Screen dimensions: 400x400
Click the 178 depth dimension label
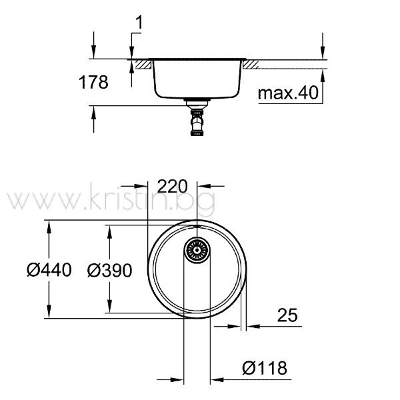pos(93,82)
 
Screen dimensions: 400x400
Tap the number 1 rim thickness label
pos(139,23)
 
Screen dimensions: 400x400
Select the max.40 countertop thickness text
pos(288,93)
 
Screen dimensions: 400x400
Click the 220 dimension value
pos(172,186)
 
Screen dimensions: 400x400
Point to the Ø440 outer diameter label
pos(49,270)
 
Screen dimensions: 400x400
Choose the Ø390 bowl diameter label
pos(109,271)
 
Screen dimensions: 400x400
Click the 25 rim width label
pos(287,315)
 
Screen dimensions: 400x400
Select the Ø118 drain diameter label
pos(265,368)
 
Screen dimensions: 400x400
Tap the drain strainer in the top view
pos(197,250)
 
